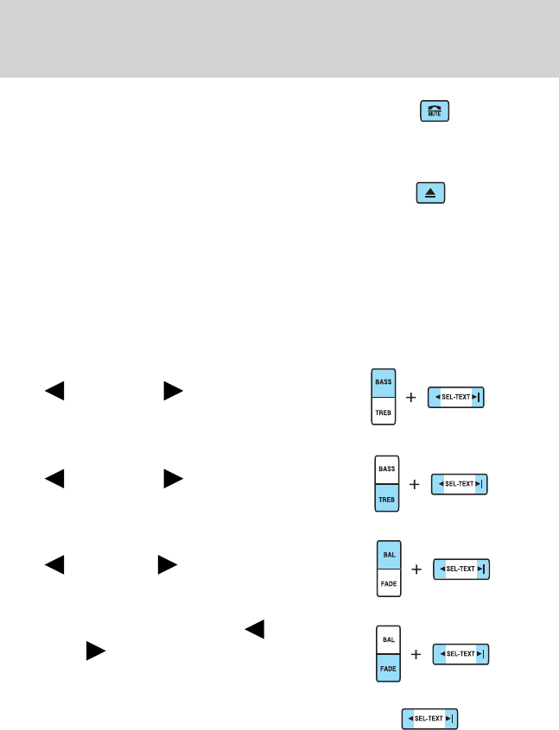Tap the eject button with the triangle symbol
pos(429,193)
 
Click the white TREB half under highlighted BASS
pos(382,412)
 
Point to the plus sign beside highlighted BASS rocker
pos(411,398)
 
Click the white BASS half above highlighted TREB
pos(387,469)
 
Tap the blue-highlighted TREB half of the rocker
pos(387,499)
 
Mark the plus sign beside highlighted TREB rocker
pos(416,485)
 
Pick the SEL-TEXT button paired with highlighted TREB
pos(460,484)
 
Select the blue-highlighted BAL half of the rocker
pos(388,555)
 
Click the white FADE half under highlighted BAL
pos(388,584)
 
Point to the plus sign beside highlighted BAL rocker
pos(416,570)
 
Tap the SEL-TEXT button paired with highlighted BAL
pos(461,570)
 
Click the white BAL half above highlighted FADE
pos(388,639)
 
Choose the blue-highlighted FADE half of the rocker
pos(388,669)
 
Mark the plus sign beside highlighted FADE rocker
pos(416,655)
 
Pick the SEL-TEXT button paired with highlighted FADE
pos(461,655)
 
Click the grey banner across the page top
pos(279,38)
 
